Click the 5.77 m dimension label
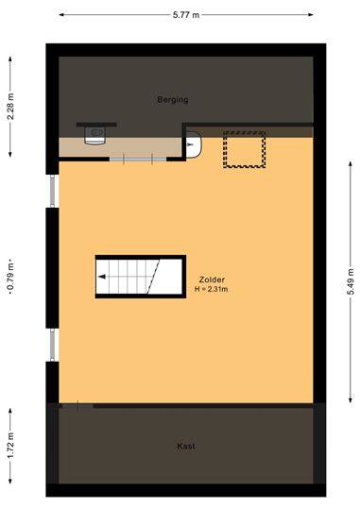186,14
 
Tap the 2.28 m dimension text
10,107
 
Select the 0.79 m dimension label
10,277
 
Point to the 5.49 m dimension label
351,281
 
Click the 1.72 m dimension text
10,446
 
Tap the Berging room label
173,100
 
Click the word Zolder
212,279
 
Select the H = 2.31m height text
211,289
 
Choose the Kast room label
186,446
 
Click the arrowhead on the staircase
102,277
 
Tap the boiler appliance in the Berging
94,135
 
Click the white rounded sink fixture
194,144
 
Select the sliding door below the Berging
138,159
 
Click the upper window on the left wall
53,191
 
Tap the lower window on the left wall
53,345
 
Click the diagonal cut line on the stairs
153,277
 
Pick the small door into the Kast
77,406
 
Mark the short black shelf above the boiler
96,125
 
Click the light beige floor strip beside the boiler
120,147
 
